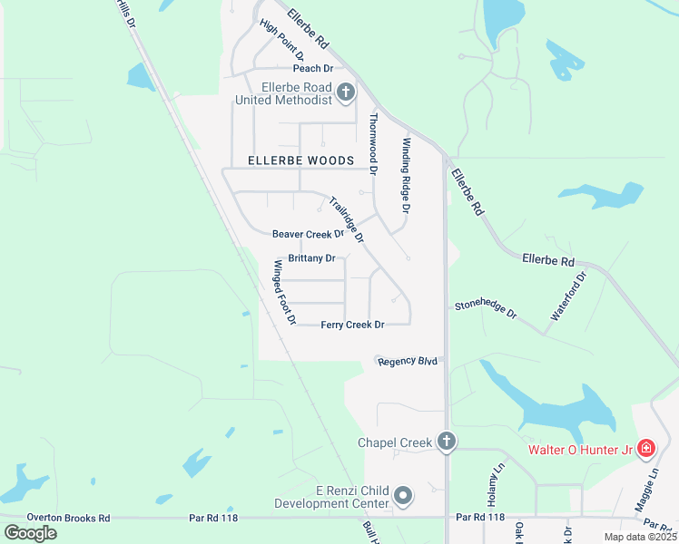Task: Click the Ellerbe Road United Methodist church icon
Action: click(346, 92)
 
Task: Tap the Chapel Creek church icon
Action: click(446, 442)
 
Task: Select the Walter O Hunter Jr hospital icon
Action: click(645, 449)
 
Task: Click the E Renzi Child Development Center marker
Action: click(404, 496)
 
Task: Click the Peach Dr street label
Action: click(313, 68)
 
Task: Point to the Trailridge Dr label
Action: click(346, 220)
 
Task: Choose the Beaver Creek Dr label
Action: click(308, 234)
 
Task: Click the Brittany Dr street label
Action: click(311, 258)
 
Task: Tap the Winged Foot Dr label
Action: click(285, 292)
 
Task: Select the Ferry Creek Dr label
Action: click(352, 325)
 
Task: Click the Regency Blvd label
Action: click(408, 361)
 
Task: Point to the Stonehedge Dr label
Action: click(486, 311)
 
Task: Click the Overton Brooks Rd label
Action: click(68, 518)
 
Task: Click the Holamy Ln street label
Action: click(495, 486)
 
